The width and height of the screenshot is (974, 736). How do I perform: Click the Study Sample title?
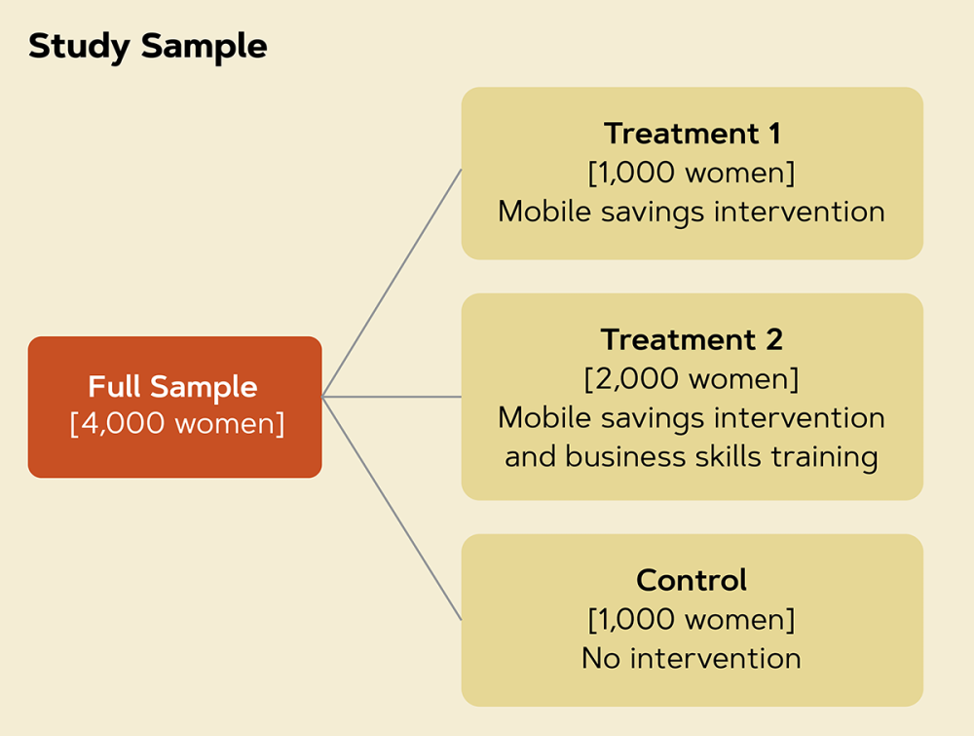click(x=148, y=47)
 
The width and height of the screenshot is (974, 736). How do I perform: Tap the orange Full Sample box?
click(x=174, y=407)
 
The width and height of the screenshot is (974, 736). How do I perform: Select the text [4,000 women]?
click(x=177, y=424)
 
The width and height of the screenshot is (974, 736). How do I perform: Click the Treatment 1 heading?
click(x=692, y=133)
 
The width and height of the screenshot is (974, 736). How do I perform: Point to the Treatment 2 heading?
click(x=692, y=339)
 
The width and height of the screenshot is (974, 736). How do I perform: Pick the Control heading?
click(x=692, y=580)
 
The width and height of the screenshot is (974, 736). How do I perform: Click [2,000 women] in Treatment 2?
click(x=692, y=378)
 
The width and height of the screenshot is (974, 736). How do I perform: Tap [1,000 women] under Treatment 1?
click(x=692, y=173)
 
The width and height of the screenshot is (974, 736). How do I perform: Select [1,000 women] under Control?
click(x=692, y=619)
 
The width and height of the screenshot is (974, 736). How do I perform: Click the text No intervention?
click(x=692, y=658)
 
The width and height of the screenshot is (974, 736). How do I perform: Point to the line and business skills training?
click(x=692, y=457)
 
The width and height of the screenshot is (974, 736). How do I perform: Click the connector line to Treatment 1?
click(x=392, y=283)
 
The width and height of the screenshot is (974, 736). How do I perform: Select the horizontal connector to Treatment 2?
click(x=392, y=397)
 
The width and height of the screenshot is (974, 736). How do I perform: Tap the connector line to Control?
click(x=392, y=509)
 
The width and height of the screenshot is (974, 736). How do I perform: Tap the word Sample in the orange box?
click(x=204, y=387)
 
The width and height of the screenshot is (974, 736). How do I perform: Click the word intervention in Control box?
click(x=716, y=658)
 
